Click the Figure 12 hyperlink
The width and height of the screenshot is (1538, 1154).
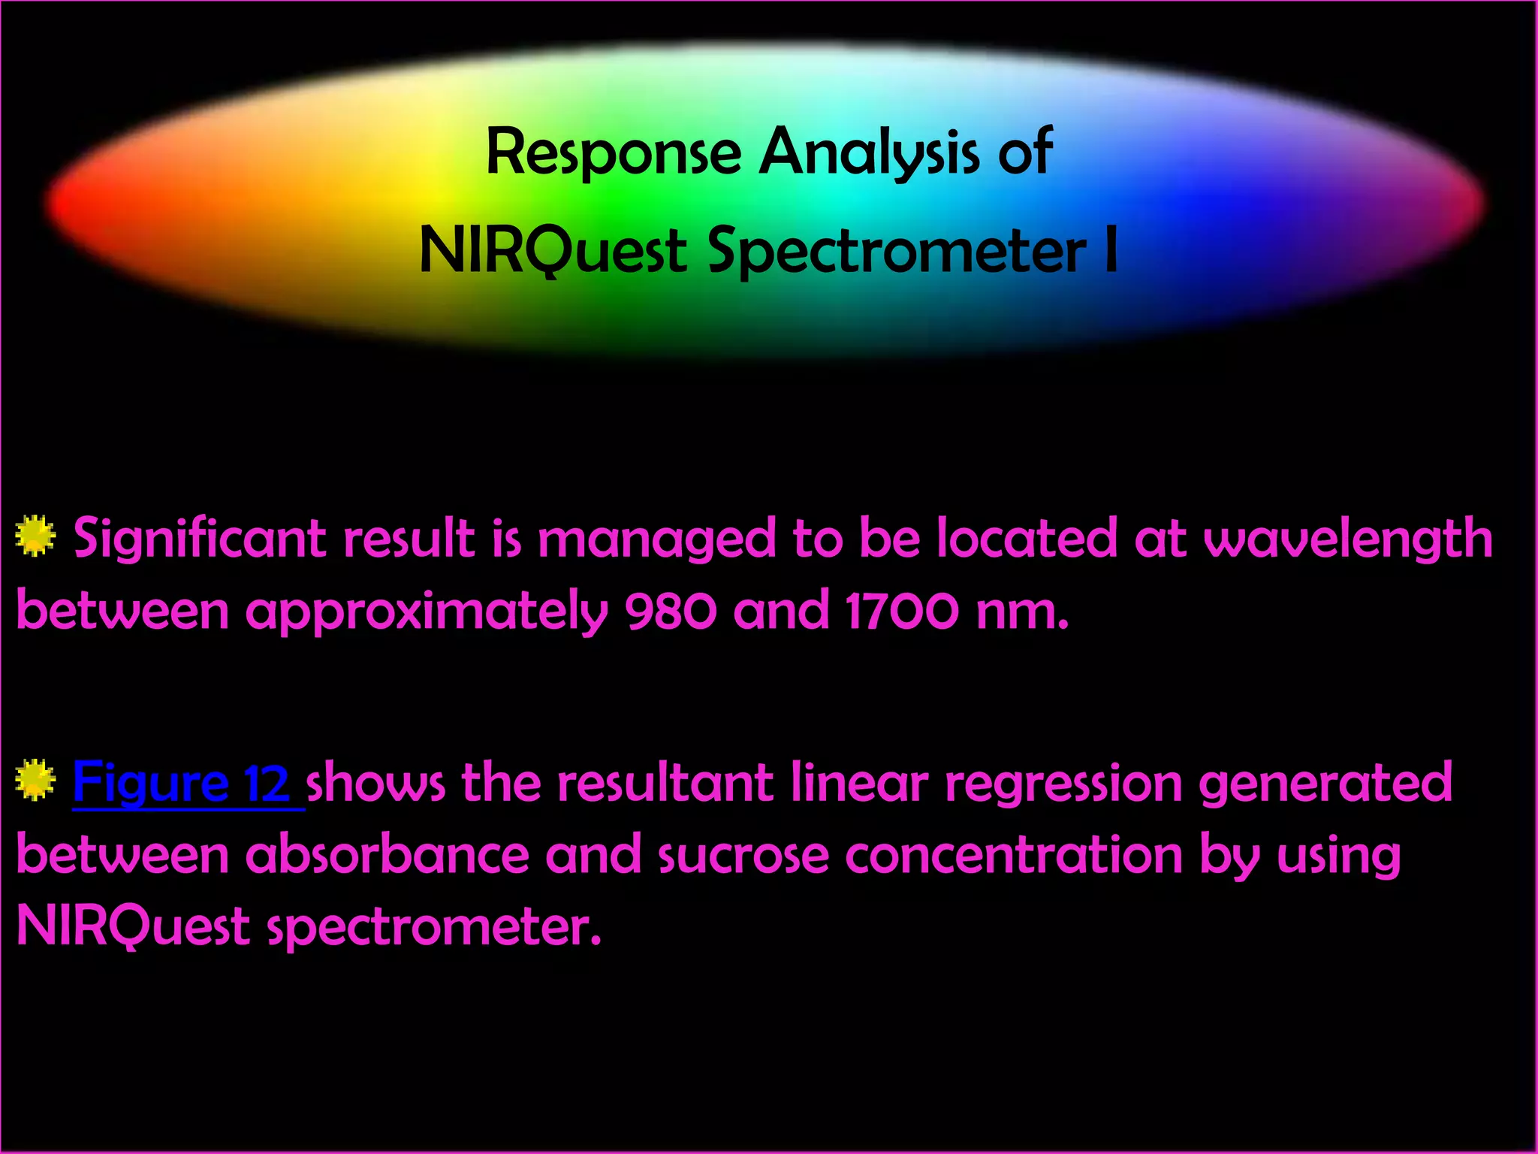(181, 782)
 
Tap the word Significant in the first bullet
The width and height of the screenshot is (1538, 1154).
(199, 539)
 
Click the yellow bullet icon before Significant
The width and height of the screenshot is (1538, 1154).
(35, 536)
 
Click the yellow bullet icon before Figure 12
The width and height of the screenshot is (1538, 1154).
(35, 780)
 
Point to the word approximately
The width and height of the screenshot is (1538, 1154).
(426, 612)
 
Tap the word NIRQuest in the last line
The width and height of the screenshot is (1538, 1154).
(133, 926)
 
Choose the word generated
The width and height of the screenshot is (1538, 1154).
(1325, 784)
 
